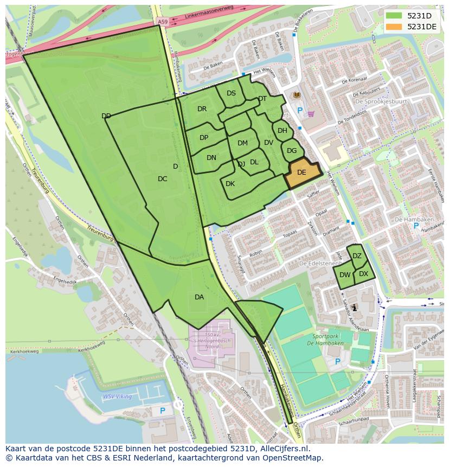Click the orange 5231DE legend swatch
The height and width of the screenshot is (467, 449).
[x=394, y=27]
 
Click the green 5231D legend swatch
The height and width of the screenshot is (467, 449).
[x=394, y=16]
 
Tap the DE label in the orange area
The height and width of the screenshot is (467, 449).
[x=302, y=172]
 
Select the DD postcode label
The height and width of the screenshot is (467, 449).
[x=106, y=116]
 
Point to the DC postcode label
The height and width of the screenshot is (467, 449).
[x=162, y=179]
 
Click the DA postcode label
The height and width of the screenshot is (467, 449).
[x=199, y=297]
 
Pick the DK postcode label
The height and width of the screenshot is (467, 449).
[x=230, y=184]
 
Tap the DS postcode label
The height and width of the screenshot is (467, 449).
[x=231, y=93]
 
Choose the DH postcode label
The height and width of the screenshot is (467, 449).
[x=283, y=131]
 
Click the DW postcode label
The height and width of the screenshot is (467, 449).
[x=345, y=275]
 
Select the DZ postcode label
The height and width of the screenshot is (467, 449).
[x=357, y=256]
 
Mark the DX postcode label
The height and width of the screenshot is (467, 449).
[x=363, y=274]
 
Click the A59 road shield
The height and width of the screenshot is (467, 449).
[x=163, y=21]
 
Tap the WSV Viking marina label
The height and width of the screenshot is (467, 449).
[x=117, y=396]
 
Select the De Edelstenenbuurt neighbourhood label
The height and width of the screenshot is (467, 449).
[x=320, y=263]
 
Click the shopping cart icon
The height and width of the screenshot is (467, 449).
[x=311, y=114]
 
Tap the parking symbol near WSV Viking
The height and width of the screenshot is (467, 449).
[x=162, y=412]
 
